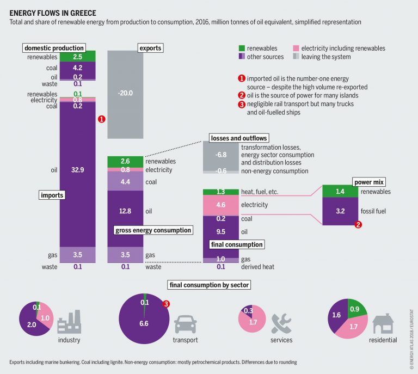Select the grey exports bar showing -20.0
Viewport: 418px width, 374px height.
125,93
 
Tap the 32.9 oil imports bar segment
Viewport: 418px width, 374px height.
77,170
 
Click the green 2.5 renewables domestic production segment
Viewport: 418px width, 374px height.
77,57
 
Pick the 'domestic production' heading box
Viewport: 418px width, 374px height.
53,48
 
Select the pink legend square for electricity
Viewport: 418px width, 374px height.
296,48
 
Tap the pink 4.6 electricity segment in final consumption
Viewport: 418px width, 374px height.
221,205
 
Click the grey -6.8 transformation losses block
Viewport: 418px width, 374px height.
221,155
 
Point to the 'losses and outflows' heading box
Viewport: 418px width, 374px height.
238,138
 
